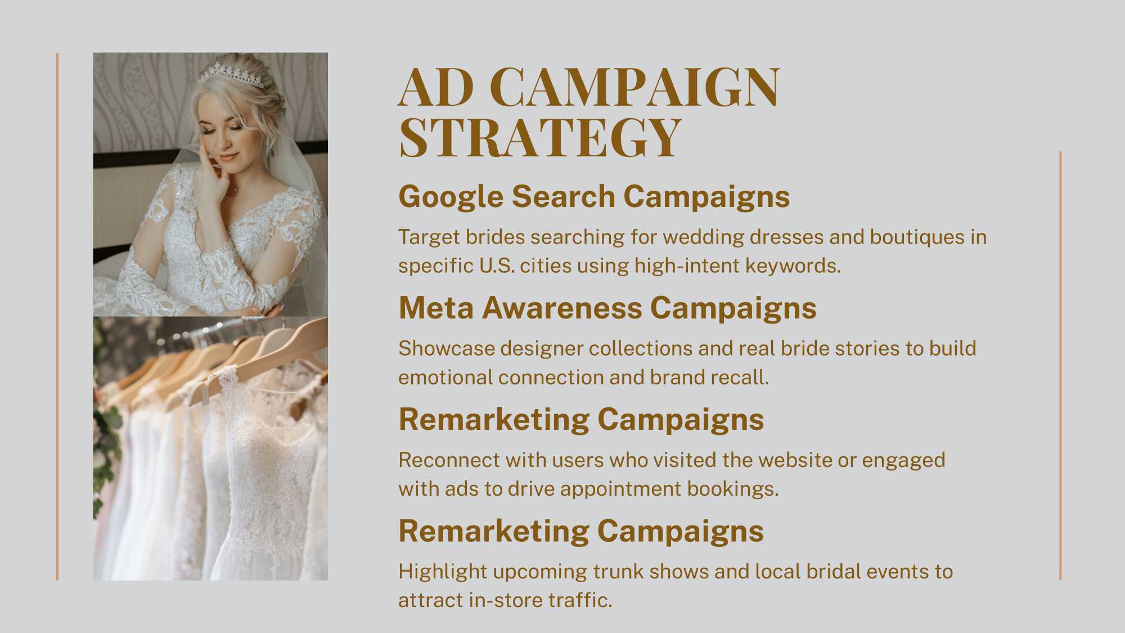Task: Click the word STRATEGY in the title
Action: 540,137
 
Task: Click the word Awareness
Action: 562,308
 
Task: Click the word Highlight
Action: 443,572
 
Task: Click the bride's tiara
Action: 231,75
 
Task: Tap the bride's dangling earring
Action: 269,144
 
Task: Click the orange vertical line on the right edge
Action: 1060,365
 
